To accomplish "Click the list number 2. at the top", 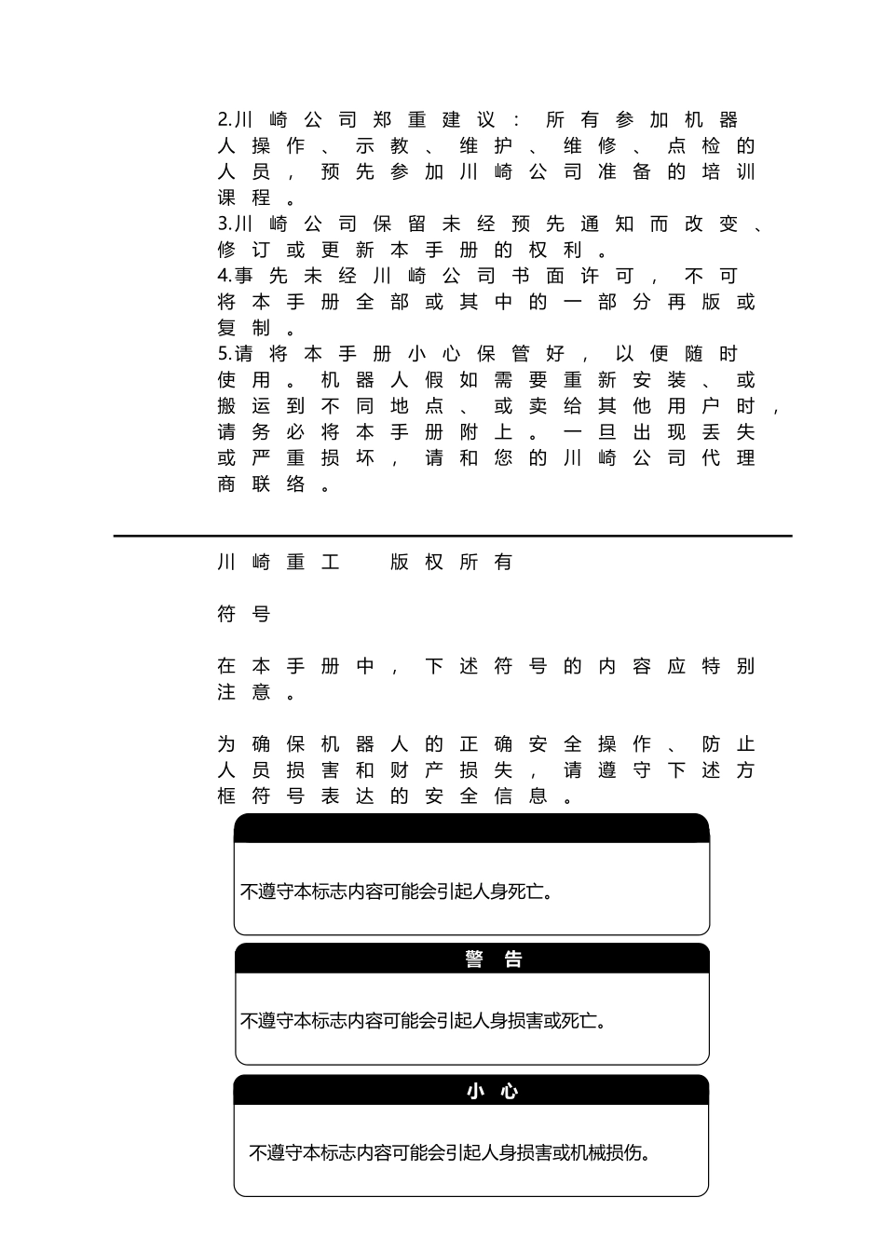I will pos(225,120).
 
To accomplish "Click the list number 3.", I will pos(225,225).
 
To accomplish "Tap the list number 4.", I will pos(225,277).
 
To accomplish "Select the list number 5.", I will pos(225,355).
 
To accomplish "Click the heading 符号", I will pos(243,614).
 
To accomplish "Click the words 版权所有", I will pos(452,562).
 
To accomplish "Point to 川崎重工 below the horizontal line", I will pos(278,562).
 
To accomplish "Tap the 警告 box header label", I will pos(494,959).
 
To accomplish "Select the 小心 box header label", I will pos(493,1091).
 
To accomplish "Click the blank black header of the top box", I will pos(471,828).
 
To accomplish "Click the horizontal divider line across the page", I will pos(453,536).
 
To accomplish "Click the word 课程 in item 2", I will pos(243,198).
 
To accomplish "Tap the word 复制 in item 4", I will pos(243,329).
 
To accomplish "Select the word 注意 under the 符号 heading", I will pos(243,692).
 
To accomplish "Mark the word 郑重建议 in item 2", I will pos(434,120).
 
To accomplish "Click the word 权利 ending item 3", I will pos(555,251).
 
